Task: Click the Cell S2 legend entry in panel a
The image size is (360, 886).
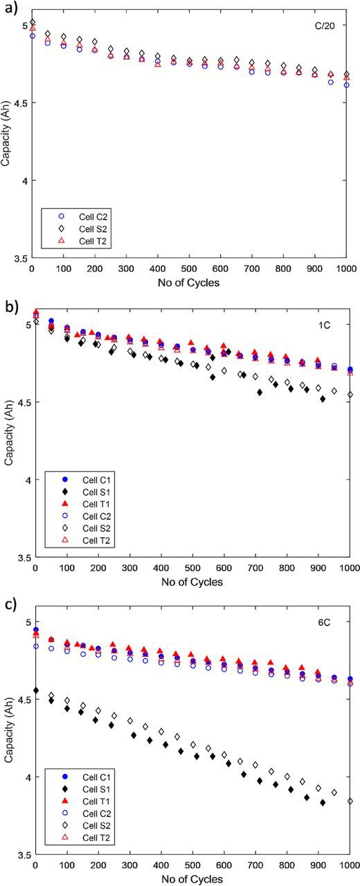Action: (x=75, y=227)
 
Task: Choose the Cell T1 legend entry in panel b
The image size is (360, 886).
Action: (x=75, y=504)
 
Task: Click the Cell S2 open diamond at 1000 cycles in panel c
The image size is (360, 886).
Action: (x=350, y=801)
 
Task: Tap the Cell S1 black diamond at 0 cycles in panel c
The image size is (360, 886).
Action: (x=35, y=690)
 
